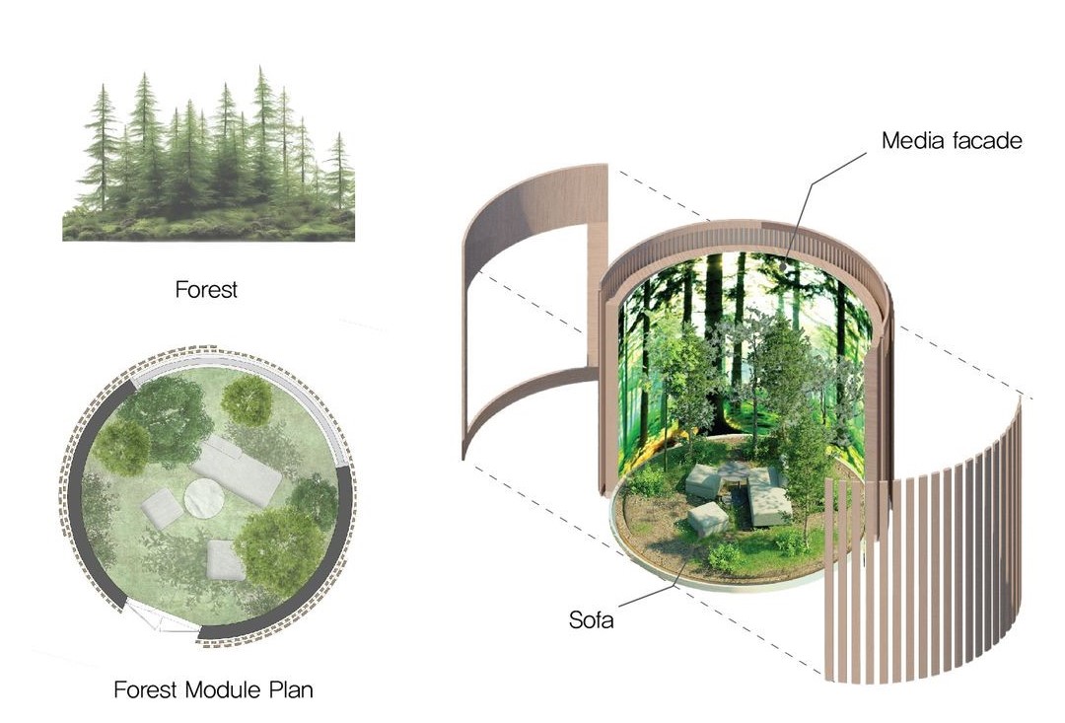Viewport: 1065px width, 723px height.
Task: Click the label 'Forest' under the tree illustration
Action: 206,290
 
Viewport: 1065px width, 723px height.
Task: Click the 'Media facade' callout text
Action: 952,141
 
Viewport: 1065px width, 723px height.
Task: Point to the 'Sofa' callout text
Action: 592,620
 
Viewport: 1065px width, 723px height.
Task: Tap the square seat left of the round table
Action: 161,509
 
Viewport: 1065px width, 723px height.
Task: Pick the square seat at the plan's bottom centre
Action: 226,560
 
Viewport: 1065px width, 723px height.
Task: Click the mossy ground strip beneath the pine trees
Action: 208,228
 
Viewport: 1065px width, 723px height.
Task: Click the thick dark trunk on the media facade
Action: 713,335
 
